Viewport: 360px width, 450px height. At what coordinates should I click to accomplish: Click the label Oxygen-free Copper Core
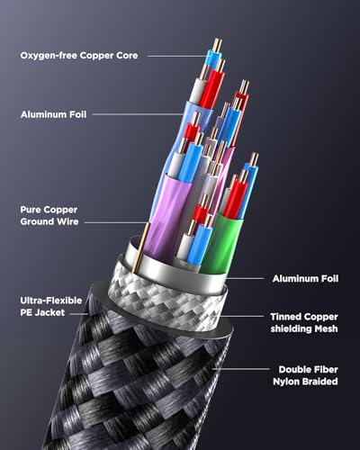pyautogui.click(x=79, y=56)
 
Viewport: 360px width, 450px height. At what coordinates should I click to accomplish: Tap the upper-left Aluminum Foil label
pyautogui.click(x=54, y=114)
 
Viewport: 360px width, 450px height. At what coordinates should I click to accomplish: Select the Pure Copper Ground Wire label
pyautogui.click(x=49, y=216)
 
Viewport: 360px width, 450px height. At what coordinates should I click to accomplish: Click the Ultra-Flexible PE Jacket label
pyautogui.click(x=51, y=306)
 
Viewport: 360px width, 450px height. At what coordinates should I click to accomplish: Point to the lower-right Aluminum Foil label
pyautogui.click(x=305, y=279)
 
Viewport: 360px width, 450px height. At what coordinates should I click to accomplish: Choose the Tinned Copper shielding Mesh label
pyautogui.click(x=304, y=322)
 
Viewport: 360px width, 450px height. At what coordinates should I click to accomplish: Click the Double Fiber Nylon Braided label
pyautogui.click(x=305, y=375)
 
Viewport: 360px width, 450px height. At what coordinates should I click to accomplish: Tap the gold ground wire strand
pyautogui.click(x=141, y=247)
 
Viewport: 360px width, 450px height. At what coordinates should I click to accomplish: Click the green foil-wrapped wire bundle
pyautogui.click(x=221, y=243)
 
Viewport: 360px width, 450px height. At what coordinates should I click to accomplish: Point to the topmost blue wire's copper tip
pyautogui.click(x=217, y=44)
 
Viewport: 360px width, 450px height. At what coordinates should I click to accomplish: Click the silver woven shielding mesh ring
pyautogui.click(x=167, y=297)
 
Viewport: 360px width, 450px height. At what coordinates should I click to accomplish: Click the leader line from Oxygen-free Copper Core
pyautogui.click(x=177, y=56)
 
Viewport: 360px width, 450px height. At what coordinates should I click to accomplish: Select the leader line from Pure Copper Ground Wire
pyautogui.click(x=116, y=222)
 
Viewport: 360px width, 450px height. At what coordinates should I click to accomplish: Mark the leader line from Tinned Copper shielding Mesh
pyautogui.click(x=243, y=316)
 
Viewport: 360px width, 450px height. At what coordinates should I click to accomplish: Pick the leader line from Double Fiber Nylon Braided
pyautogui.click(x=241, y=369)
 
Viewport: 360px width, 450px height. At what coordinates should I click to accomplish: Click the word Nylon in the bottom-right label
pyautogui.click(x=286, y=382)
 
